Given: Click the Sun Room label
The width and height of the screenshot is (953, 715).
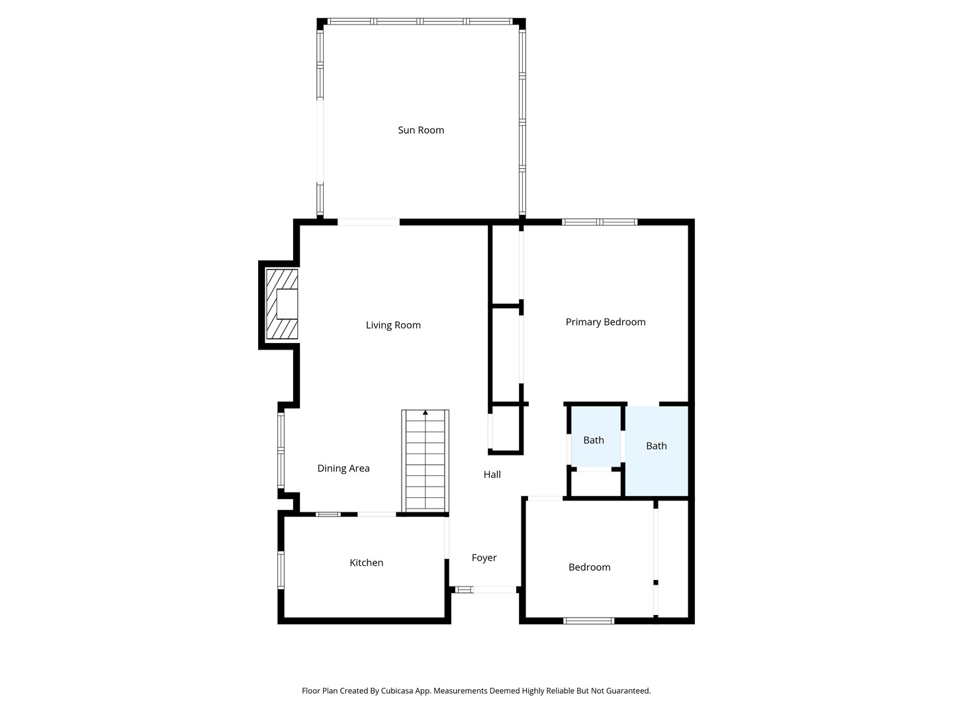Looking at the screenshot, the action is (x=421, y=130).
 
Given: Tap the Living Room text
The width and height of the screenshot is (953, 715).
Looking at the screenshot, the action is (x=393, y=325).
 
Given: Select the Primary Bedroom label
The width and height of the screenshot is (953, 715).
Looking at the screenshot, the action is (x=606, y=322).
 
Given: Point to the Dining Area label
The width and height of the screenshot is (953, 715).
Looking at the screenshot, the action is (x=343, y=469).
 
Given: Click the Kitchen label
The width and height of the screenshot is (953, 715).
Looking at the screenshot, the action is (x=367, y=563).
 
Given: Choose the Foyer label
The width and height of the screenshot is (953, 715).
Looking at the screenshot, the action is (x=484, y=558).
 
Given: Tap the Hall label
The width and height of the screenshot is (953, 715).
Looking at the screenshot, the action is (x=492, y=475).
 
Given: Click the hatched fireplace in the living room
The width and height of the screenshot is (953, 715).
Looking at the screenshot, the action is (x=282, y=305).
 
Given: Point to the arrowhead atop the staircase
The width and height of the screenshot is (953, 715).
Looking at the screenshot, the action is (x=426, y=412).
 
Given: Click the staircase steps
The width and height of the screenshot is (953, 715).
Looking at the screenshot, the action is (x=426, y=461).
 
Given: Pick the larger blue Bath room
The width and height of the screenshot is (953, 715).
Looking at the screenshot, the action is (x=657, y=451).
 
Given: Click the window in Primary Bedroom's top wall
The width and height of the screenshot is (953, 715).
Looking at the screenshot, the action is (x=600, y=222).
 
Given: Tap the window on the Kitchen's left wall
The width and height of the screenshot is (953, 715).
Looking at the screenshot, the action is (x=281, y=570).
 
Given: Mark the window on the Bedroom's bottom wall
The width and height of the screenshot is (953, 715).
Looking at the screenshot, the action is (x=589, y=621).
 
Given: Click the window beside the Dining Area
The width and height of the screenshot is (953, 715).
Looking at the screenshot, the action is (x=281, y=451).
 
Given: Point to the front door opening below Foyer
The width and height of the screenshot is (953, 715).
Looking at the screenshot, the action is (x=494, y=589).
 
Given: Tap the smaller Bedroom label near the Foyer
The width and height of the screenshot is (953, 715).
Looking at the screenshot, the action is (x=589, y=567).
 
